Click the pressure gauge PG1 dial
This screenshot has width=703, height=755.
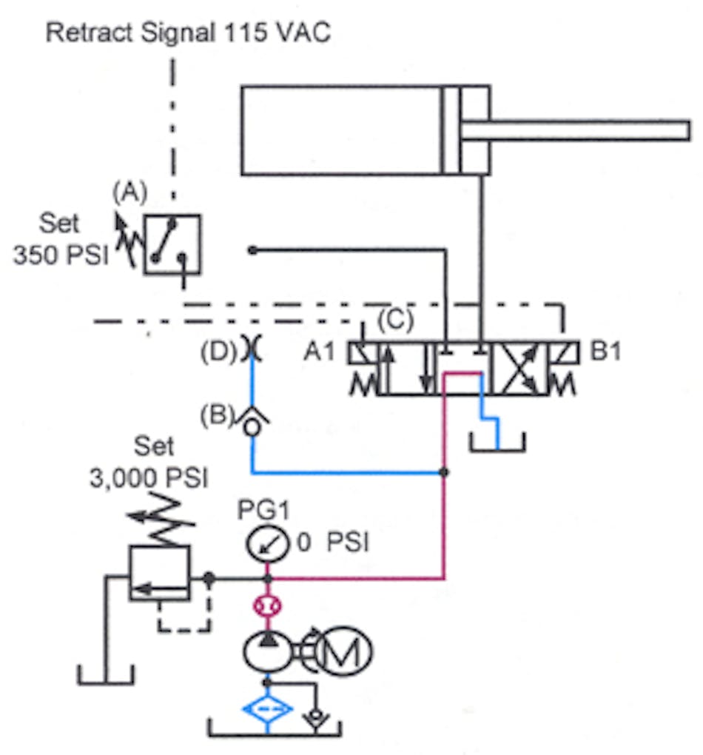click(267, 546)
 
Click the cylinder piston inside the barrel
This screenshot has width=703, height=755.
click(451, 131)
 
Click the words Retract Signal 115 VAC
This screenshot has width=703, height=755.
click(188, 34)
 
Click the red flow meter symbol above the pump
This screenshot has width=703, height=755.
click(268, 607)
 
